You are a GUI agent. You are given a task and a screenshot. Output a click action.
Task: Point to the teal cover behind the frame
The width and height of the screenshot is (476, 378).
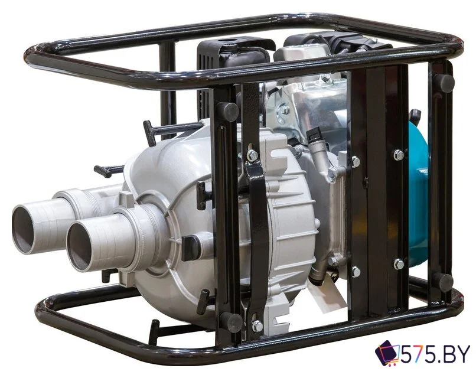[419, 189]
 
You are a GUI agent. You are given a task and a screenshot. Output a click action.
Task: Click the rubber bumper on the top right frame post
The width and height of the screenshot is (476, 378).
[444, 81]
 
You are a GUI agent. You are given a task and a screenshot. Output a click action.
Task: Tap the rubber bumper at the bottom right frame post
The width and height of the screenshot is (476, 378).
[443, 282]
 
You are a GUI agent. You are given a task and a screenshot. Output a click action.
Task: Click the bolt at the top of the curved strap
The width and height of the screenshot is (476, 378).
[252, 155]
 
